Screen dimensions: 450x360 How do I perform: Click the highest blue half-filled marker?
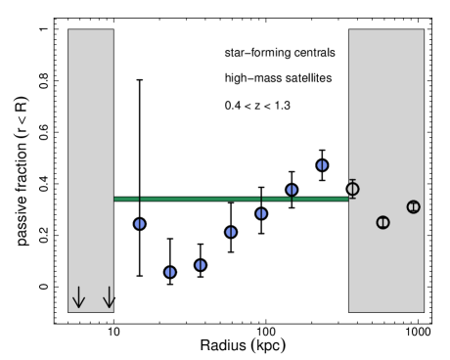[322, 165]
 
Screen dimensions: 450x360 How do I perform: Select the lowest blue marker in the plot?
[170, 272]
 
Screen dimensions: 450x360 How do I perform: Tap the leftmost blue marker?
[140, 224]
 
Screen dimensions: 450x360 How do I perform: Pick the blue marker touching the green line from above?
[292, 190]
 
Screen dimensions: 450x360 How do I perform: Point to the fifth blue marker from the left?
[261, 213]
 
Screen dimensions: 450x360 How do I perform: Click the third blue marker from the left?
[201, 265]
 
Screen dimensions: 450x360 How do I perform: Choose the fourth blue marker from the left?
[231, 232]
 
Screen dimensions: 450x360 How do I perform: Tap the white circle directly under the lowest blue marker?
[170, 286]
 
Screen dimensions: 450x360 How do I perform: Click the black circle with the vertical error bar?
[352, 189]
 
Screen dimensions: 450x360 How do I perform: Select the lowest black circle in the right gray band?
[382, 222]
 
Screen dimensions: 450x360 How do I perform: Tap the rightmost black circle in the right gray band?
[413, 206]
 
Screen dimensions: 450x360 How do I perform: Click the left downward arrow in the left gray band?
[78, 297]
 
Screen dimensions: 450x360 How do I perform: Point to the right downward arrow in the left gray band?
[109, 297]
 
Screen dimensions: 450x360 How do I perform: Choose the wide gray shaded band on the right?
[386, 108]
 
